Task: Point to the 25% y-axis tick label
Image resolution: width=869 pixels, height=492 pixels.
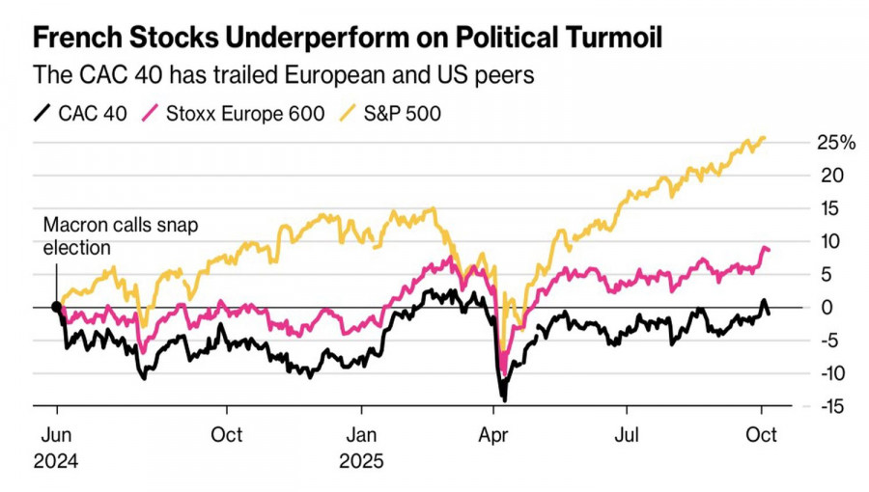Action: (835, 143)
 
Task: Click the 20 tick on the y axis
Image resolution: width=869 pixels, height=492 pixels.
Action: (833, 176)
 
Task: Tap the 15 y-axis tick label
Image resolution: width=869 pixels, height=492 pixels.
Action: (833, 208)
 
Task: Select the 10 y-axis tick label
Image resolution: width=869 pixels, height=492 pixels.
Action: (833, 241)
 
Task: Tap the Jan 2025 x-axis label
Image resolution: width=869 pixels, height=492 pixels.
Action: (361, 448)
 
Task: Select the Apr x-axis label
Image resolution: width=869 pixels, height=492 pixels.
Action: (494, 435)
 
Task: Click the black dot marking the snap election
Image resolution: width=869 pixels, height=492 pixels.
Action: (57, 308)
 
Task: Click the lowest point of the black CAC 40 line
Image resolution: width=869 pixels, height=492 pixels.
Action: (503, 398)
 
